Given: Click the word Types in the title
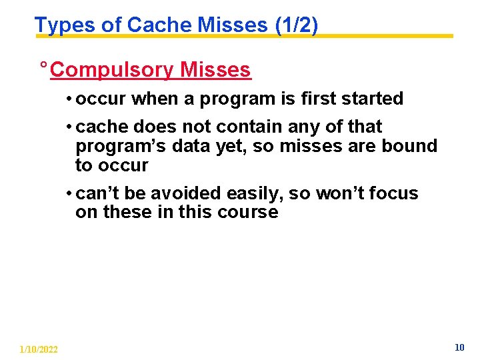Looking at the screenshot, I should [57, 25].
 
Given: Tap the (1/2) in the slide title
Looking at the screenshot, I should [296, 25].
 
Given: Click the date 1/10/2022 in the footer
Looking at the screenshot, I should [39, 349].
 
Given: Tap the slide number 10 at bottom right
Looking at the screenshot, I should [459, 347].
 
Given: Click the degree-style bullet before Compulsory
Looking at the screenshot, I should [43, 67].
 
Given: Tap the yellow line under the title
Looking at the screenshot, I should [373, 36].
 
